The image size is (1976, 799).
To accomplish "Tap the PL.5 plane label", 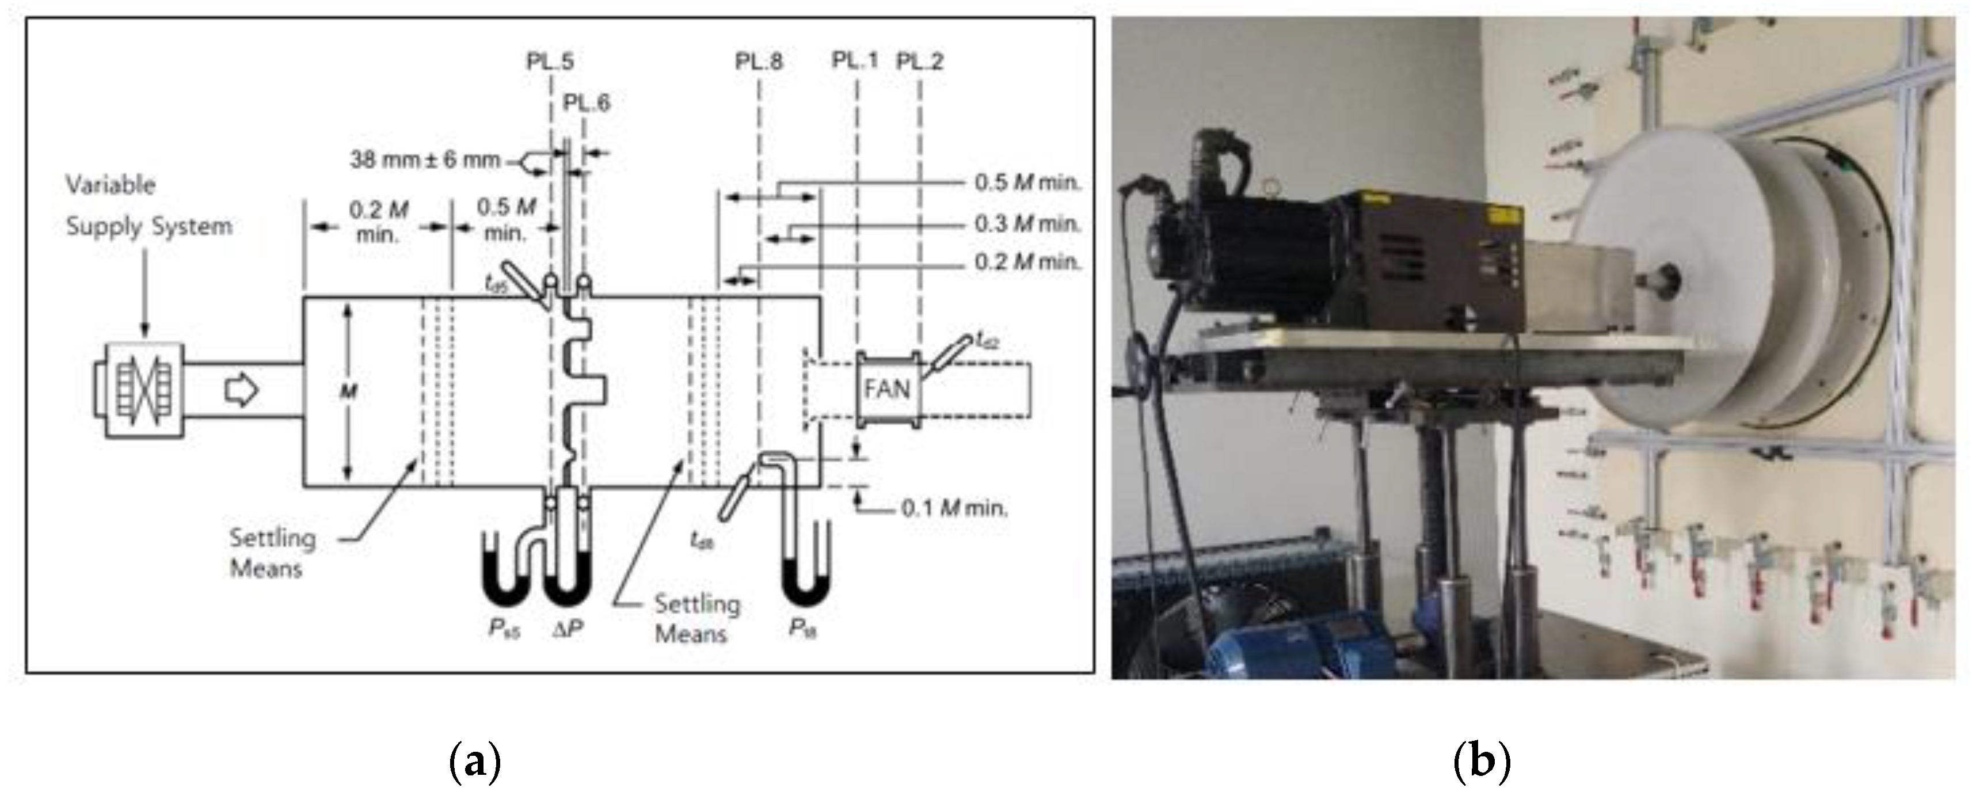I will pyautogui.click(x=550, y=62).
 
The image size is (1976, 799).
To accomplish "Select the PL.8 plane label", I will pyautogui.click(x=759, y=62).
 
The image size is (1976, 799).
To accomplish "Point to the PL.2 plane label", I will pyautogui.click(x=920, y=62).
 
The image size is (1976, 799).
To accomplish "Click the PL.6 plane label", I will pyautogui.click(x=587, y=102).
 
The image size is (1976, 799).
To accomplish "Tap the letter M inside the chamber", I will pyautogui.click(x=349, y=392).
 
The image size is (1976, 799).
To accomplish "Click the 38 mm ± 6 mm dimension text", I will pyautogui.click(x=424, y=159).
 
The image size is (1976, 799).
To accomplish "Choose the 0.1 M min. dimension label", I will pyautogui.click(x=954, y=508).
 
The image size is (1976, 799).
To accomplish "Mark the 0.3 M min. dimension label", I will pyautogui.click(x=1027, y=224).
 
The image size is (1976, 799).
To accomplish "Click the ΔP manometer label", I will pyautogui.click(x=567, y=630).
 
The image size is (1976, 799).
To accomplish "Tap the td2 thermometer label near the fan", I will pyautogui.click(x=986, y=338).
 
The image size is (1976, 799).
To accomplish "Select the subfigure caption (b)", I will pyautogui.click(x=1482, y=762).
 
